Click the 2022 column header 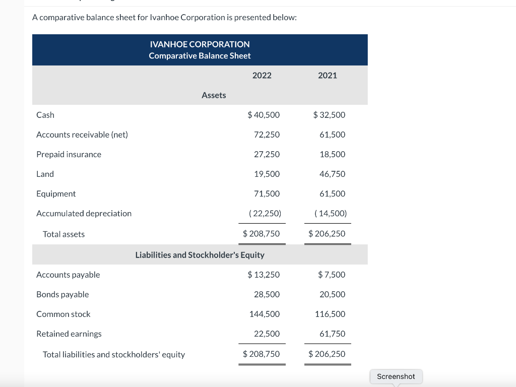262,76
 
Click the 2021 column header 328,76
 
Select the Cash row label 45,115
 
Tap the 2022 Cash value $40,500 264,115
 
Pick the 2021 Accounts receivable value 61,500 332,135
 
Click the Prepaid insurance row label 69,154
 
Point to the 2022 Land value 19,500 267,174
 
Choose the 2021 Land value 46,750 332,174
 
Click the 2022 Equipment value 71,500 267,193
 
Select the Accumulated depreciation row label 84,213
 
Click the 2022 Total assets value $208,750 261,234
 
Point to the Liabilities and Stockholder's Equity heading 200,255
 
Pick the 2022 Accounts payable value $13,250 264,275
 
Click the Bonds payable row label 62,294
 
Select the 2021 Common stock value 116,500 330,314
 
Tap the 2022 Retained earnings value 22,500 267,334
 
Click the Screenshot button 396,376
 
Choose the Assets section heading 214,95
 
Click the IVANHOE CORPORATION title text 200,44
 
